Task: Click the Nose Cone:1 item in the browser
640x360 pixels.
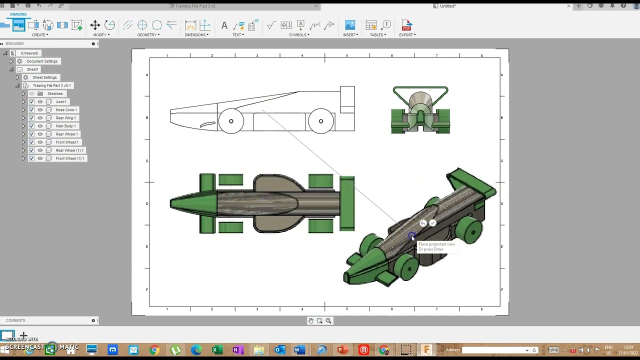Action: tap(66, 110)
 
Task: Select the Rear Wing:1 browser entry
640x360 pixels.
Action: tap(65, 118)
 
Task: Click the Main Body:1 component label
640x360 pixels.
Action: tap(65, 126)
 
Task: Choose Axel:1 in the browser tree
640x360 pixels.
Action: tap(61, 102)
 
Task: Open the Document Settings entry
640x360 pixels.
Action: tap(42, 61)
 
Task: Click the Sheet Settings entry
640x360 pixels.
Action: tap(44, 77)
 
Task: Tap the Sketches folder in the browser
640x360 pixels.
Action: tap(54, 93)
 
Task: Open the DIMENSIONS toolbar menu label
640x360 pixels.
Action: tap(196, 35)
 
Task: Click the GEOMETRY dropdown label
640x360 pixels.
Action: tap(148, 35)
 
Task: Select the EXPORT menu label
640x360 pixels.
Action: tap(407, 35)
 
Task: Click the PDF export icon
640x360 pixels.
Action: tap(406, 25)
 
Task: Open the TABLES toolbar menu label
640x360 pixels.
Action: tap(377, 35)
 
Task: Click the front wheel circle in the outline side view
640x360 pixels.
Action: tap(231, 121)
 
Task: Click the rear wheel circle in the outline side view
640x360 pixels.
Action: tap(320, 121)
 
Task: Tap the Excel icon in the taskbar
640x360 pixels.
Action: tap(215, 350)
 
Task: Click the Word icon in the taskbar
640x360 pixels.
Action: tap(299, 350)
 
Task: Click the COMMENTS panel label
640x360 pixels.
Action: tap(15, 320)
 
